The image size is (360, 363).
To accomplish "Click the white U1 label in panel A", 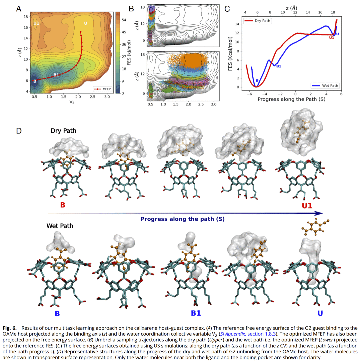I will click(36, 23).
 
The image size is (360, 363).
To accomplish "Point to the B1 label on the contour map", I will click(56, 75).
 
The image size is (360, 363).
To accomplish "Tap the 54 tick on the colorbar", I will click(124, 20).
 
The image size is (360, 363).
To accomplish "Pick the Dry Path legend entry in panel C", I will click(258, 21).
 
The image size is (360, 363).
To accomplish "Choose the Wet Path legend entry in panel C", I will click(325, 86).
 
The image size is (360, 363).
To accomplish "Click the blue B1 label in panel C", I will click(279, 66).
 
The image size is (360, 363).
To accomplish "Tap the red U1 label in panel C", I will click(331, 38).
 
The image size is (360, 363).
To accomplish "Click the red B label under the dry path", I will click(63, 205).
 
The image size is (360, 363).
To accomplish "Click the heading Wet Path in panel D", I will click(60, 226).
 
